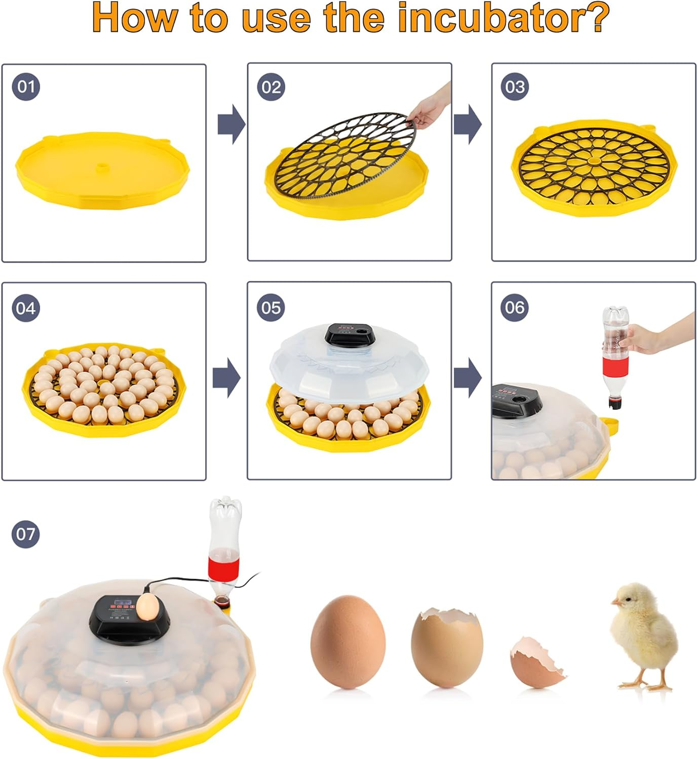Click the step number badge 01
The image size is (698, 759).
click(26, 87)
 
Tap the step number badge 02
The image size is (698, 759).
click(271, 87)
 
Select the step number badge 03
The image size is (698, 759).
click(515, 87)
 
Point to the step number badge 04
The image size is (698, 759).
click(26, 308)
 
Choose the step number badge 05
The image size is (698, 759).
click(271, 308)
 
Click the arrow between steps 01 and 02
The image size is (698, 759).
click(231, 124)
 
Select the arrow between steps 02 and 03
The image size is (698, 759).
click(468, 124)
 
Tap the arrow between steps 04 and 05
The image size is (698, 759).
click(226, 378)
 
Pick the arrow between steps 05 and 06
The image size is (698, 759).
click(468, 378)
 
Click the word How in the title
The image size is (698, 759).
click(135, 18)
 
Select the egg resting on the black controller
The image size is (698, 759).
click(148, 606)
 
